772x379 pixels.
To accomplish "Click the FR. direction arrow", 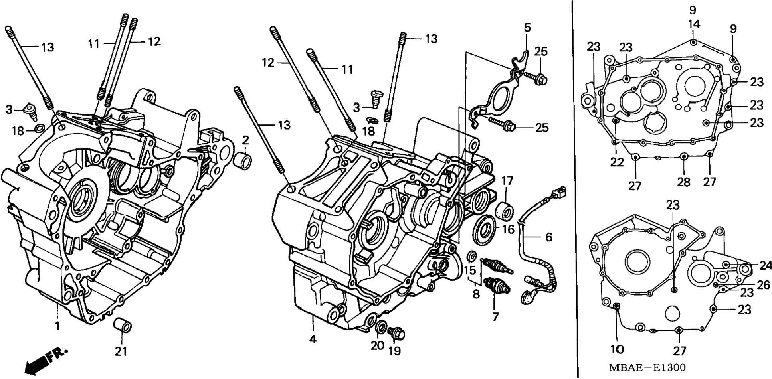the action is [x=46, y=361].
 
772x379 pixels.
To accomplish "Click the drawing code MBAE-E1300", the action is [x=647, y=367].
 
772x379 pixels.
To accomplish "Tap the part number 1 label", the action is [x=57, y=326].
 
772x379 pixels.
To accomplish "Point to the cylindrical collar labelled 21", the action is [x=122, y=326].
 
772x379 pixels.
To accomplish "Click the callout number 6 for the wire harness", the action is [x=549, y=237].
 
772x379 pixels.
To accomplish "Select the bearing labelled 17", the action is [x=505, y=211].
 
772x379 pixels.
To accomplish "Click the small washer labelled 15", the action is [x=471, y=255].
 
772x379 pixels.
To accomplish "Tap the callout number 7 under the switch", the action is [x=495, y=317].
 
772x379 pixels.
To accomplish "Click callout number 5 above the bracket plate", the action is [x=528, y=28].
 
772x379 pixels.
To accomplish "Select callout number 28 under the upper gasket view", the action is [x=683, y=182].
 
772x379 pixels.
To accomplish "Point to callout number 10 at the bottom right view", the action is [x=617, y=349].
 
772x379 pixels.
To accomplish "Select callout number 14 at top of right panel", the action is [x=694, y=24].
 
